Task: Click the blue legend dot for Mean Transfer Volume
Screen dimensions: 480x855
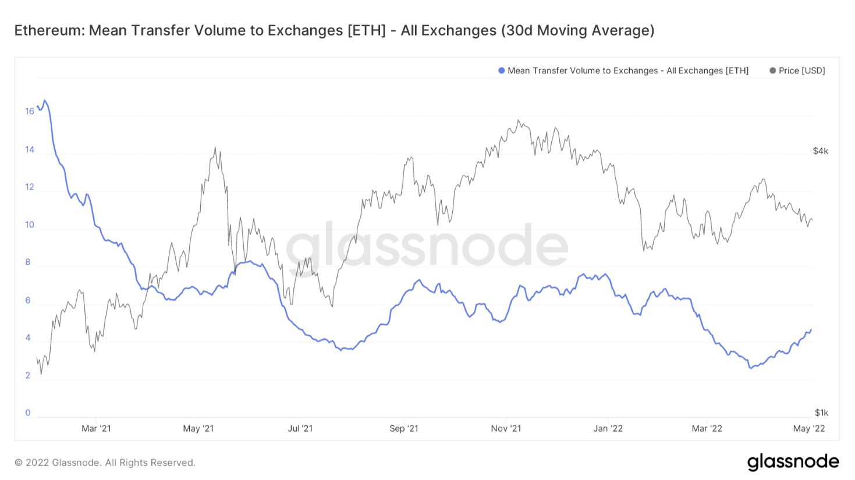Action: coord(501,70)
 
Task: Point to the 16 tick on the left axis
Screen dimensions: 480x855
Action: coord(30,111)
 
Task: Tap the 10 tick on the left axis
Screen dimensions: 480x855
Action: coord(30,225)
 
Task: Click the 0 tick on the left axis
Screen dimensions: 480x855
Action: coord(27,413)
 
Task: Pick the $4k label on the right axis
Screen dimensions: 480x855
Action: coord(820,151)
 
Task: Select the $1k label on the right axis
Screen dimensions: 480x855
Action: coord(821,413)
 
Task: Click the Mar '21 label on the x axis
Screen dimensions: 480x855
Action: coord(96,428)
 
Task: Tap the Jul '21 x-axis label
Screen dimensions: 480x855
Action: coord(300,428)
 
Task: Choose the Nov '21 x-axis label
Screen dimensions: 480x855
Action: coord(506,428)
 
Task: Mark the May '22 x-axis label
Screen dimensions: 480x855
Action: coord(809,428)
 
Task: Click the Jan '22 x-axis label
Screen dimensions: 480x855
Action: coord(608,428)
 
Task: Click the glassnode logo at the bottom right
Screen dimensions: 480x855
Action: coord(793,462)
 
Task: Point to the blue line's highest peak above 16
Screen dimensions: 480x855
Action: coord(44,101)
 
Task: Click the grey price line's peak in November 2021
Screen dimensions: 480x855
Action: coord(519,120)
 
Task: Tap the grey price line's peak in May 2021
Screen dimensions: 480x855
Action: coord(215,148)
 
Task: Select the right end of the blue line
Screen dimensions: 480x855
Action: coord(811,330)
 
